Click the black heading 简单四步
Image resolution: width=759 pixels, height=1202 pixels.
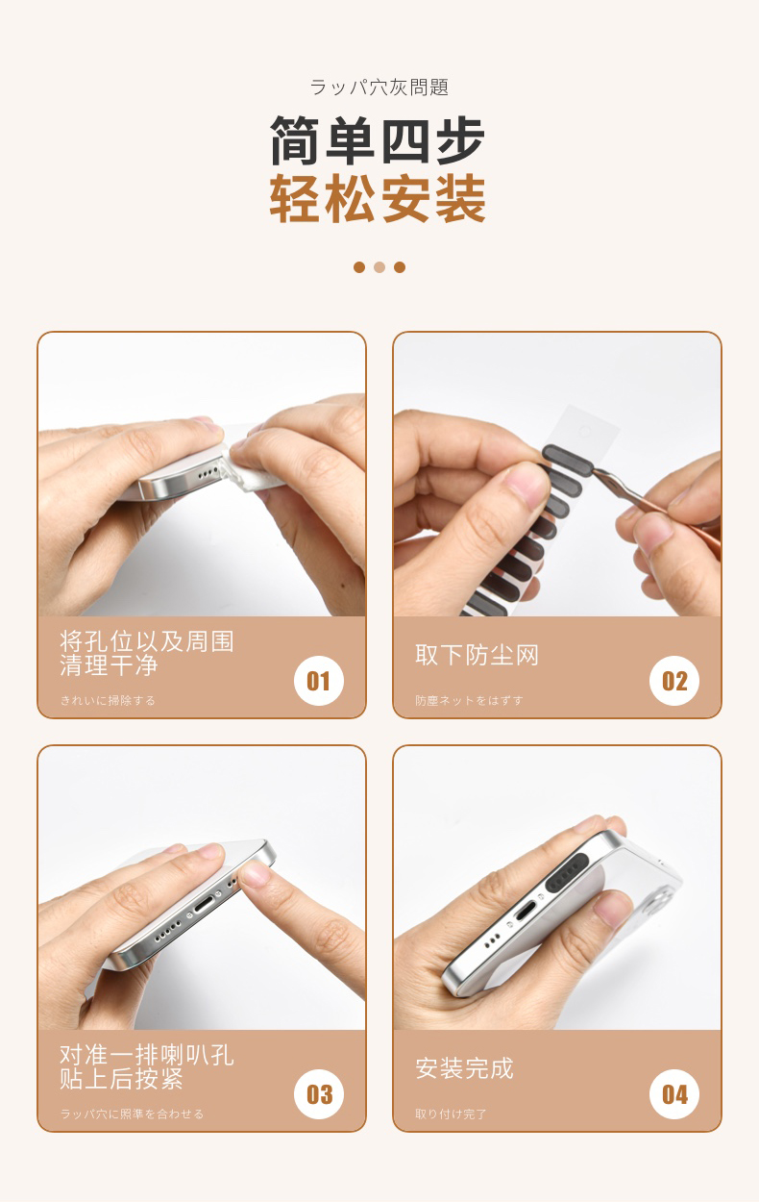[378, 140]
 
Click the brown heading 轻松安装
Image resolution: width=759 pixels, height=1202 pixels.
[378, 198]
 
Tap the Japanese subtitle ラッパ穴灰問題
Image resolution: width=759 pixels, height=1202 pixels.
[379, 87]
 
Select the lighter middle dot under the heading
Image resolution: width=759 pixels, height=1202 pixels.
[379, 267]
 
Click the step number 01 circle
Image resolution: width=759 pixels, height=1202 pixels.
[319, 681]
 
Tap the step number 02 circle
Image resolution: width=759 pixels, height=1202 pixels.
[674, 681]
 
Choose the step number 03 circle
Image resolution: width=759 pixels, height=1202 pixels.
[319, 1094]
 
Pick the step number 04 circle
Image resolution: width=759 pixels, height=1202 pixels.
[674, 1094]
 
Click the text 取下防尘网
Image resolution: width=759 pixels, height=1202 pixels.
[477, 655]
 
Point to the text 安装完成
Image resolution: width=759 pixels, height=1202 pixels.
[464, 1068]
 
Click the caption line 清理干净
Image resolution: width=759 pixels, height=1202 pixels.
[109, 665]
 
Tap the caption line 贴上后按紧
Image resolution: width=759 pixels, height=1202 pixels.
[121, 1079]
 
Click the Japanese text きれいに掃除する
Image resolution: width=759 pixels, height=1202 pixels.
[108, 700]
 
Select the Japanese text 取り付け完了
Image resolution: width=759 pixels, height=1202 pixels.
[451, 1114]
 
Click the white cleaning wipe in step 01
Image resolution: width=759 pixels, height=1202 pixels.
[252, 469]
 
